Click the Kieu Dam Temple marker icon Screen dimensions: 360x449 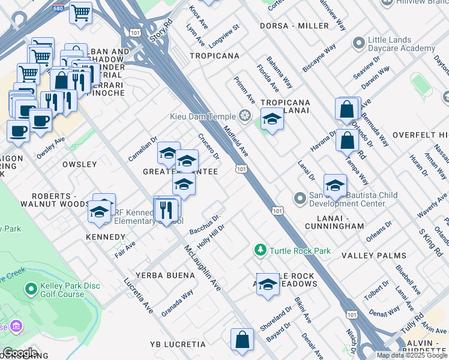[245, 115]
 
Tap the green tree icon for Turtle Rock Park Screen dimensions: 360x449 [260, 250]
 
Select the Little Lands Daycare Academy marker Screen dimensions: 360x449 [359, 43]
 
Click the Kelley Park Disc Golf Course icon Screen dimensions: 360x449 [30, 290]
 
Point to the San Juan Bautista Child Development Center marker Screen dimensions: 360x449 [300, 197]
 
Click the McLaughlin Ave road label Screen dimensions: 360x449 [203, 268]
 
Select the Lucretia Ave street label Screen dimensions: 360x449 [138, 295]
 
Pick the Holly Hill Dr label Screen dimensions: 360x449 [210, 236]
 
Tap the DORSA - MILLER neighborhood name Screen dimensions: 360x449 [294, 26]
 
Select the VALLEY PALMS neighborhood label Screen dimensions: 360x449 [374, 256]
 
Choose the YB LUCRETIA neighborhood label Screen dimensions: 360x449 [178, 344]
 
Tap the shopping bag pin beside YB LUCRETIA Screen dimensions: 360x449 [241, 339]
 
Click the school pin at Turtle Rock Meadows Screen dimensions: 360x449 [268, 284]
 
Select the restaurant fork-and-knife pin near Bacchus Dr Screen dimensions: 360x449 [165, 209]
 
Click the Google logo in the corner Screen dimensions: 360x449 [20, 353]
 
